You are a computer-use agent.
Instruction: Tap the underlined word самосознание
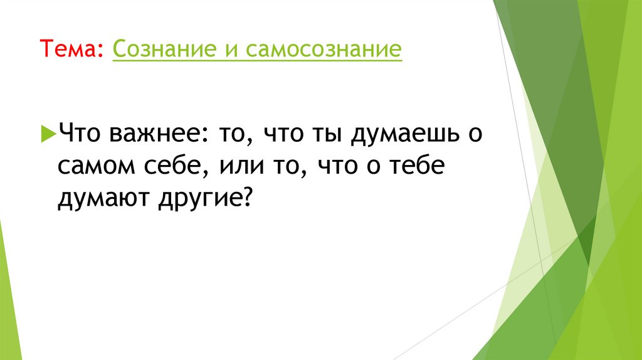323,49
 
